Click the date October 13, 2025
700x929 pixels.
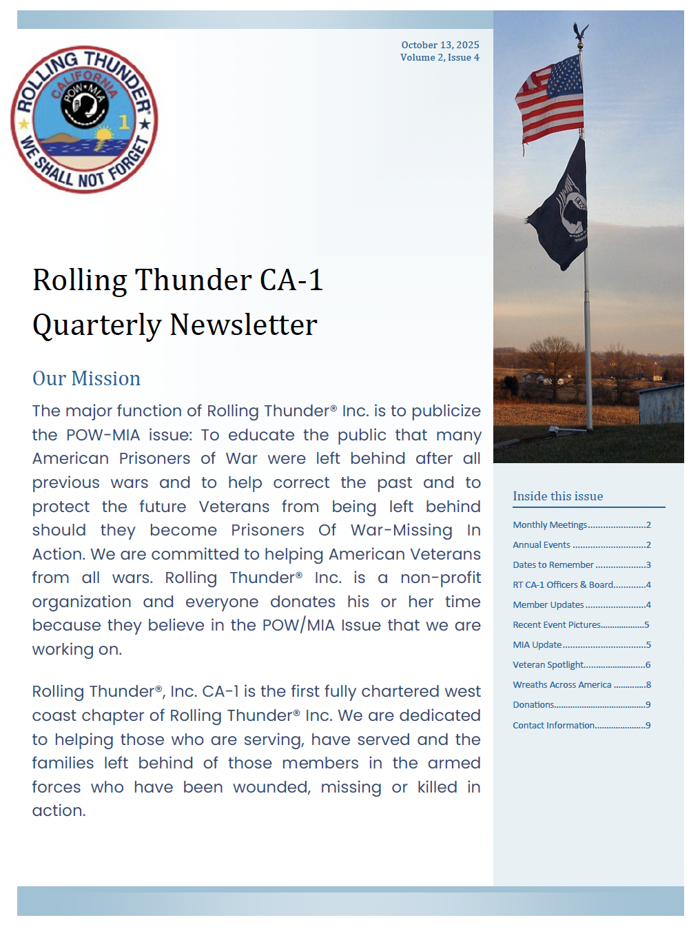440,45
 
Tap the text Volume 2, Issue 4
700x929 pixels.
440,57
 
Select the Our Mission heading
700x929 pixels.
86,378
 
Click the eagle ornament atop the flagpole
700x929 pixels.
580,32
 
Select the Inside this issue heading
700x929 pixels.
557,496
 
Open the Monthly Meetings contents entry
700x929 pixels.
550,524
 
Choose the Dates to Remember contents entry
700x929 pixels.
553,564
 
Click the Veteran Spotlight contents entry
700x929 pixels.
548,664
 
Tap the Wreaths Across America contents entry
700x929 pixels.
562,684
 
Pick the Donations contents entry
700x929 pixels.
533,704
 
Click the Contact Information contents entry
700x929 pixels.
553,725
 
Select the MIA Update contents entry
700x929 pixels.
537,644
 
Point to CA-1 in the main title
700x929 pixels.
291,280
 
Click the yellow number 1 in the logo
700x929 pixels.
124,122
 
